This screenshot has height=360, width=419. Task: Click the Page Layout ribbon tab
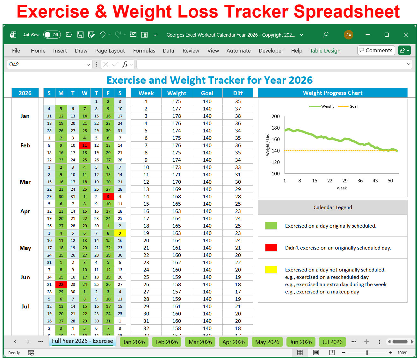point(110,51)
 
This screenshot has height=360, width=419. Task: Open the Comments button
point(376,50)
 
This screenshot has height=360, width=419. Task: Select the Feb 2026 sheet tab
point(167,342)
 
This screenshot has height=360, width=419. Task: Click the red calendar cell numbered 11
point(84,145)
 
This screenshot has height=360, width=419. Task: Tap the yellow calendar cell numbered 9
point(120,233)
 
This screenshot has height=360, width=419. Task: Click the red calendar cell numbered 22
point(61,285)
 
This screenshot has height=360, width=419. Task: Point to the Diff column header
point(238,93)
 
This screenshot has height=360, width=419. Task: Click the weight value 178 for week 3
point(177,116)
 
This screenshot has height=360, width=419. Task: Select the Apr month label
point(25,211)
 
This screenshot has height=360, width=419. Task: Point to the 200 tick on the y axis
point(276,116)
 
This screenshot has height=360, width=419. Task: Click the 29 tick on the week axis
point(345,181)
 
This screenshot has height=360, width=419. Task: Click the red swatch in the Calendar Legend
point(271,248)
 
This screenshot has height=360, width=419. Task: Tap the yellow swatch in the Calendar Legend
point(271,270)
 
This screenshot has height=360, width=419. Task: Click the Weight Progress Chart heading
point(332,93)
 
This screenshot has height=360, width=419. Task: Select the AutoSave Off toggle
point(51,35)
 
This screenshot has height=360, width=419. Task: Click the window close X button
point(406,35)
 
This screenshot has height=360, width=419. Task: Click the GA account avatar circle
point(348,35)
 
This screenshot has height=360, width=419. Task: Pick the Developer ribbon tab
point(271,51)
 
